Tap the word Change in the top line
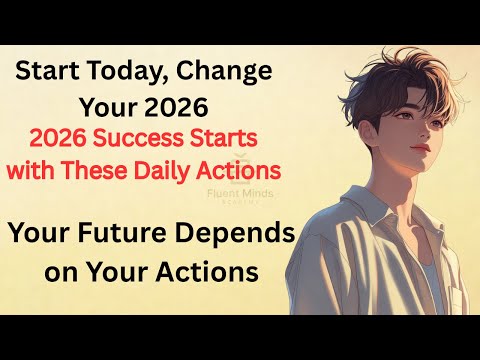(222, 73)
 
